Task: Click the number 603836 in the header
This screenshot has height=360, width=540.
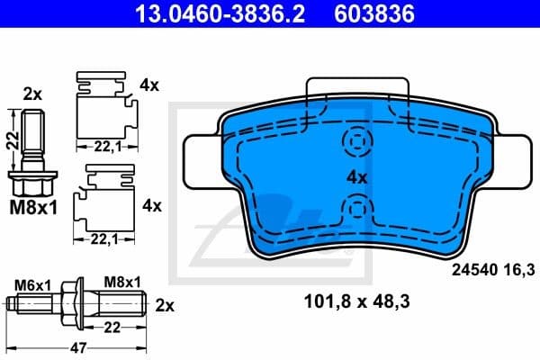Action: click(374, 14)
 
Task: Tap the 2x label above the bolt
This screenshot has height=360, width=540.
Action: click(31, 93)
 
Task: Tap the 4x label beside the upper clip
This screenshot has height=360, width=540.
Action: click(149, 85)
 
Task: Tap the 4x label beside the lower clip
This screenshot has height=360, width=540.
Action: click(150, 205)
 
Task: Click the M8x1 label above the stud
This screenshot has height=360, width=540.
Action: click(123, 282)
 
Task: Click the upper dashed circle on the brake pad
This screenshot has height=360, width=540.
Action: click(357, 142)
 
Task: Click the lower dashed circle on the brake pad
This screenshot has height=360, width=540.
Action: click(357, 211)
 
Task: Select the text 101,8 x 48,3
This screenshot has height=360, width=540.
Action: click(356, 301)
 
